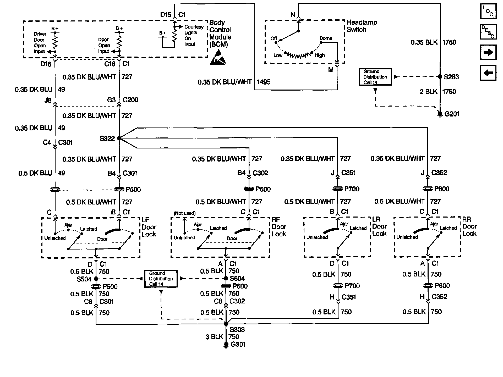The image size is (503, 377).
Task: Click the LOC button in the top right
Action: click(x=488, y=11)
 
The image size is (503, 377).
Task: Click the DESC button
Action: click(x=488, y=32)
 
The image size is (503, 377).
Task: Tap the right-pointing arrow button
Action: click(x=488, y=52)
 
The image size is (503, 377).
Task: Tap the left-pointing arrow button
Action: click(x=488, y=73)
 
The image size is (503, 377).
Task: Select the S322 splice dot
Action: click(x=119, y=138)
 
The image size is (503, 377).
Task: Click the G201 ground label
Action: click(x=452, y=114)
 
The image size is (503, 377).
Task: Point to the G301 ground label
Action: click(x=238, y=344)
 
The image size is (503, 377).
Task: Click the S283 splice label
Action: click(x=451, y=77)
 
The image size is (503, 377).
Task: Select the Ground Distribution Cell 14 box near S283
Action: click(x=375, y=77)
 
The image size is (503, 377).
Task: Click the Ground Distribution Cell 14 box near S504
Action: click(x=161, y=279)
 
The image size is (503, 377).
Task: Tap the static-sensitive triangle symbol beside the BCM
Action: click(x=217, y=57)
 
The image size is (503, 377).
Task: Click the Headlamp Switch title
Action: click(x=362, y=26)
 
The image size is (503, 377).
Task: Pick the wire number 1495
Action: click(x=264, y=82)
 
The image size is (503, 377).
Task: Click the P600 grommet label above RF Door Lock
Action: click(x=263, y=189)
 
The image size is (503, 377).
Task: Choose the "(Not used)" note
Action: click(x=184, y=213)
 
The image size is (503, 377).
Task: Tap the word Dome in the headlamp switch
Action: click(x=326, y=38)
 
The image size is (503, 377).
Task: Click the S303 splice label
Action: click(x=237, y=330)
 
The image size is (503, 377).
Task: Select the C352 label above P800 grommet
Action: click(x=439, y=173)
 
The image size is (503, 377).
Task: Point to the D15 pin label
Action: click(x=166, y=15)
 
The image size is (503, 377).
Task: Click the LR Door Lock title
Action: click(x=379, y=226)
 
